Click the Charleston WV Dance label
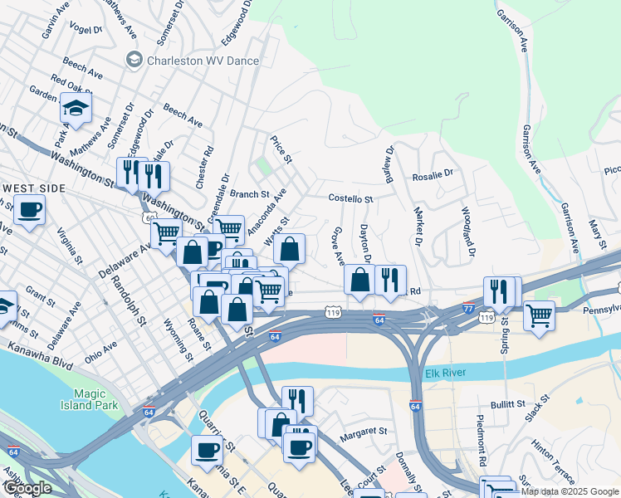[x=203, y=61]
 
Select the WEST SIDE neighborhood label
[x=33, y=188]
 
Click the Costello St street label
[x=351, y=199]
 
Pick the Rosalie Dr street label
[x=433, y=175]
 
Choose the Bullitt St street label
[x=509, y=404]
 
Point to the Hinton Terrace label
[x=553, y=462]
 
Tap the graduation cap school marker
[x=76, y=108]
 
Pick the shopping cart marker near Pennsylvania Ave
[x=540, y=315]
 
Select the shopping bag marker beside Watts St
[x=289, y=248]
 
